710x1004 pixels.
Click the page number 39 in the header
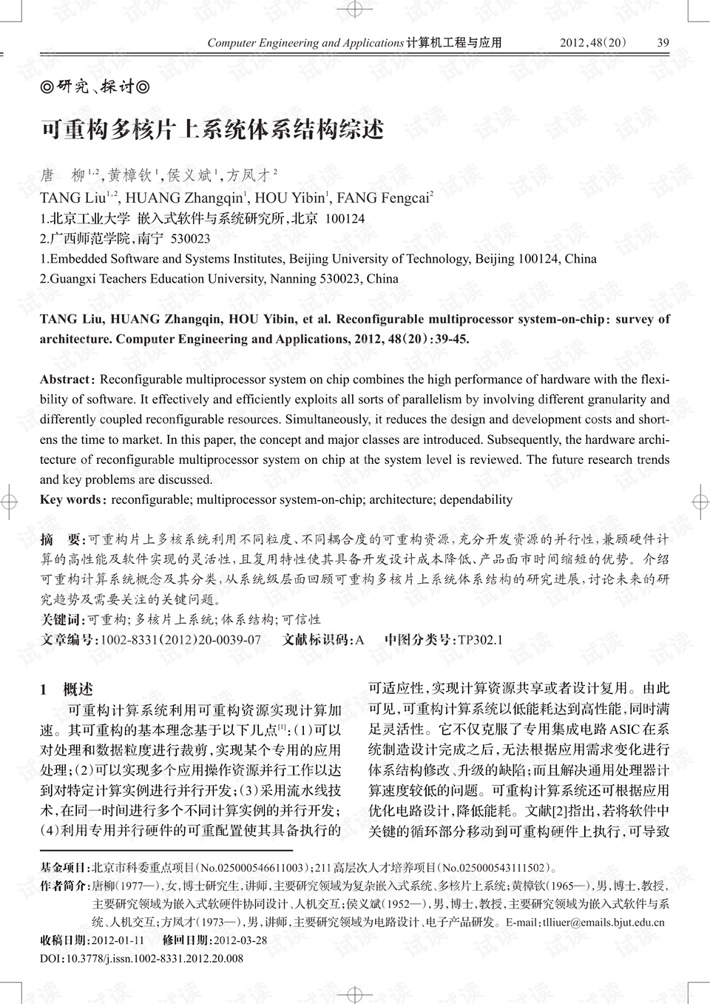[x=663, y=43]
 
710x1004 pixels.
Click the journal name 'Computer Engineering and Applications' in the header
[x=305, y=43]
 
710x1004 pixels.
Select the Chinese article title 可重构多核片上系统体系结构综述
[x=212, y=130]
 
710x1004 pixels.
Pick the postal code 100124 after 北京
[x=345, y=219]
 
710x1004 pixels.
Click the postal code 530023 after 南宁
[x=190, y=239]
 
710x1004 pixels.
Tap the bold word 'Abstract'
[x=64, y=380]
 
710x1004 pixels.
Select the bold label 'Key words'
[x=70, y=499]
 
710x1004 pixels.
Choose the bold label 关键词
[x=62, y=619]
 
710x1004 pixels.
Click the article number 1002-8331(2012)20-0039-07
[x=180, y=640]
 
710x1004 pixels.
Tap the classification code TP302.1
[x=480, y=640]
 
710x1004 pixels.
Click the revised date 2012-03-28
[x=240, y=941]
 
